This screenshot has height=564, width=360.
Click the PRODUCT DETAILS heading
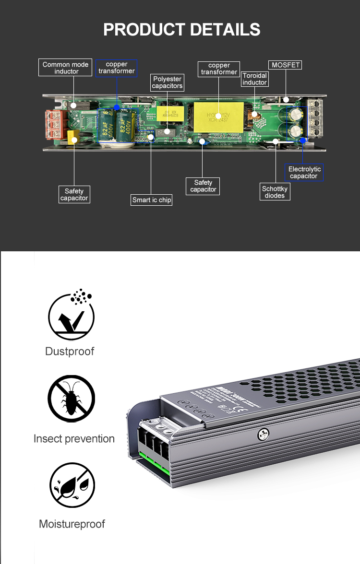coord(182,30)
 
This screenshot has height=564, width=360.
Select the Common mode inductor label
coord(66,68)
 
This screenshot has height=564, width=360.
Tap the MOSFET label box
coord(286,65)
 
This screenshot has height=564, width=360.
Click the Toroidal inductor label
coord(254,79)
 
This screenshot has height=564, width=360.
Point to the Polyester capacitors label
coord(167,82)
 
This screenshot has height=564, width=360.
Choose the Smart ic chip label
coord(152,200)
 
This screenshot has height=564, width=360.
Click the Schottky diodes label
coord(275,192)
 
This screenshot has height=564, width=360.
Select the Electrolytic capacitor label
coord(304,173)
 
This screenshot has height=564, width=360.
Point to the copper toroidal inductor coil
coord(254,115)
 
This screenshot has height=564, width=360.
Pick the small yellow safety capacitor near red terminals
coord(73,138)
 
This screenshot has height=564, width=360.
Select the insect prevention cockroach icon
coord(71,399)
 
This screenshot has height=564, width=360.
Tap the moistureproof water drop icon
coord(72,485)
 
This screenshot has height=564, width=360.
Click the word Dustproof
coord(70,351)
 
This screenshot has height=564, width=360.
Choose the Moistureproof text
coord(72,524)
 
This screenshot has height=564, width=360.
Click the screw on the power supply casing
coord(263,435)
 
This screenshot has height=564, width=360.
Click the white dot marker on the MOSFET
coord(286,100)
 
